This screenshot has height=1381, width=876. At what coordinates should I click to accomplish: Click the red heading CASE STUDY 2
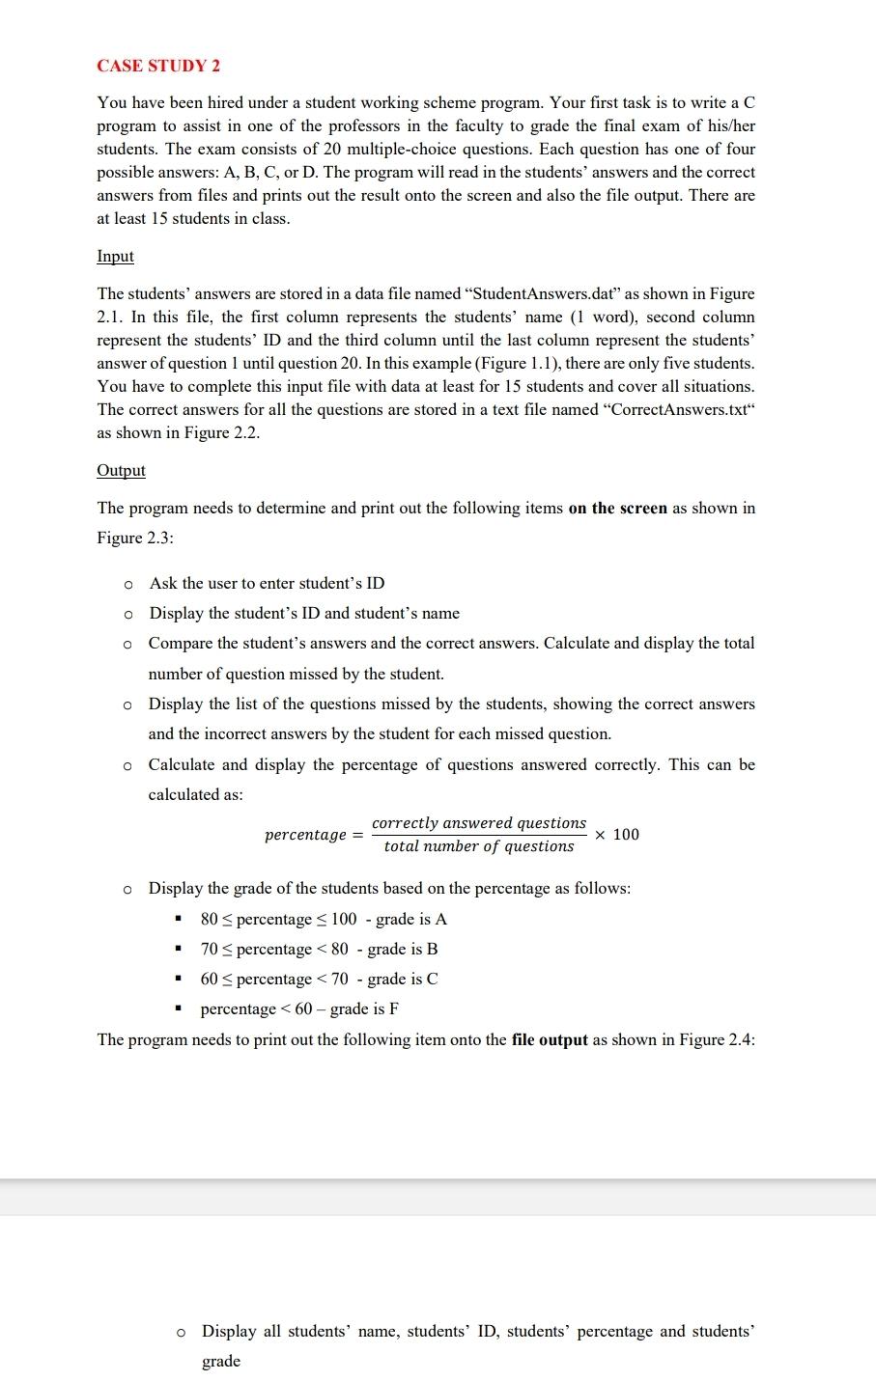click(158, 66)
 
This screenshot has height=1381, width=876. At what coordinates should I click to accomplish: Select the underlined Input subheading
click(115, 256)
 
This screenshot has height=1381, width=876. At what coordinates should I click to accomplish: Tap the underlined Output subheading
click(121, 470)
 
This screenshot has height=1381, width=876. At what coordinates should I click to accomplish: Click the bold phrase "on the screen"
click(617, 508)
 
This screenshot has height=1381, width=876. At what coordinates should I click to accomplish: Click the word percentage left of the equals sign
click(305, 835)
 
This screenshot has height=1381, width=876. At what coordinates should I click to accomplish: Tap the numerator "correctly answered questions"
click(479, 822)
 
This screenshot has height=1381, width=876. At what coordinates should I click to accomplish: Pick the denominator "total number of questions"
click(479, 846)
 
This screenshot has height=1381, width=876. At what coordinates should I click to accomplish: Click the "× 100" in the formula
click(617, 835)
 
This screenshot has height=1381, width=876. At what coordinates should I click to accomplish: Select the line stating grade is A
click(323, 919)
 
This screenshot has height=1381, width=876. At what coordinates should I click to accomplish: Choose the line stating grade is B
click(319, 949)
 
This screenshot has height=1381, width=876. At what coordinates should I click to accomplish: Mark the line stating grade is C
click(319, 979)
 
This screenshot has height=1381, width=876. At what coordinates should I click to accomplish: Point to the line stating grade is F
click(299, 1008)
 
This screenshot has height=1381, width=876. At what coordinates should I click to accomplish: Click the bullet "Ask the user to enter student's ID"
click(267, 583)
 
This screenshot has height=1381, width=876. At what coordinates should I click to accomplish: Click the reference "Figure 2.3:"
click(135, 538)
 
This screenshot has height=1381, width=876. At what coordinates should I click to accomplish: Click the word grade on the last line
click(221, 1361)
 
